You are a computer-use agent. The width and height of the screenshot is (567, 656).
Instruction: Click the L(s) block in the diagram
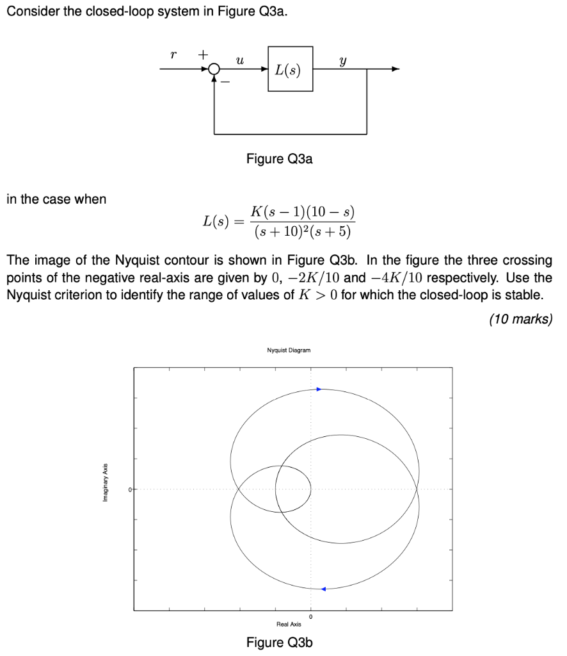pos(290,69)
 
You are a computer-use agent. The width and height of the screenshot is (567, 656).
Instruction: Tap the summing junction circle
pos(214,69)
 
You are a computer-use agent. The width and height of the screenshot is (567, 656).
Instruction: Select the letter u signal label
pos(239,60)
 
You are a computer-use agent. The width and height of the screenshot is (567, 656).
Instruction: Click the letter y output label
pos(344,60)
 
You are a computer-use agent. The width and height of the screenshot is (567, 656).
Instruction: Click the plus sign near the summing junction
pos(202,55)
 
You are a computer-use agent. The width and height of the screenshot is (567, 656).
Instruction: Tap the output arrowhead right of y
pos(397,69)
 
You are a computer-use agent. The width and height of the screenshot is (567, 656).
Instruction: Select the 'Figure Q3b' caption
pos(280,643)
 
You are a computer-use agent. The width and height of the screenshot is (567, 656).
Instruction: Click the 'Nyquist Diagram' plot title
pos(289,350)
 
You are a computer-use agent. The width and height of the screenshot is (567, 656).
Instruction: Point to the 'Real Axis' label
pos(289,624)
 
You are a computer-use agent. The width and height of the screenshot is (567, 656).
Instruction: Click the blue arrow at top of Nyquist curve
pos(319,389)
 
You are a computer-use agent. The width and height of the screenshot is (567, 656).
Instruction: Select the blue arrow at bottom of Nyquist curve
pos(323,589)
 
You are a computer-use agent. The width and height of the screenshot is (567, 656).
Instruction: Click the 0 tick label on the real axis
pos(310,617)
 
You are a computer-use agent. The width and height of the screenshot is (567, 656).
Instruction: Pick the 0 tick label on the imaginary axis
pos(129,490)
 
